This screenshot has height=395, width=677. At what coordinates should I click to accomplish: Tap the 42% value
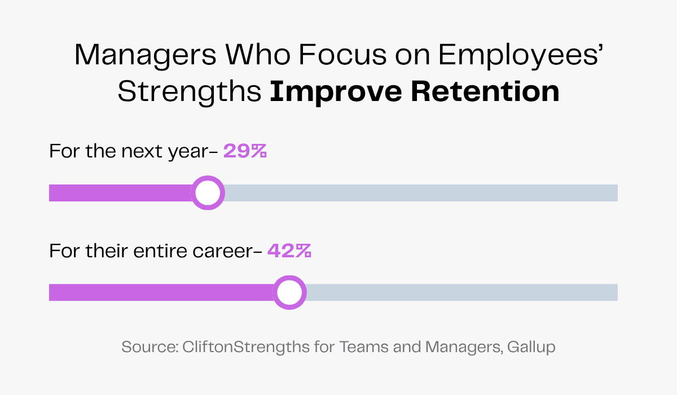coord(289,251)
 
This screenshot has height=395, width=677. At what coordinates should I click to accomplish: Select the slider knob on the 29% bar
coord(208,193)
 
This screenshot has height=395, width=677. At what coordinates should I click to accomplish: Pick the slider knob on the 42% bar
coord(289,292)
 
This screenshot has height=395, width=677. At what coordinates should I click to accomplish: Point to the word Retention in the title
coord(486,91)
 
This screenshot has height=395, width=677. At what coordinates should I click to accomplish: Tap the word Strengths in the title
coord(190,91)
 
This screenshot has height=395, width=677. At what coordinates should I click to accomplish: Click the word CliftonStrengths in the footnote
coord(245,347)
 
